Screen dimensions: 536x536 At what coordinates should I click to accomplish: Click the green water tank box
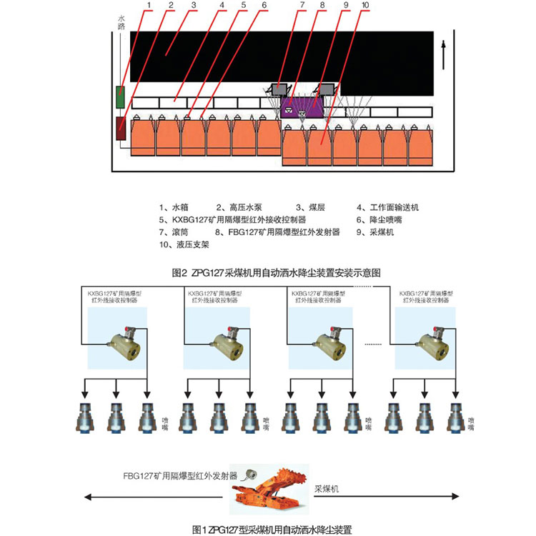(x=121, y=96)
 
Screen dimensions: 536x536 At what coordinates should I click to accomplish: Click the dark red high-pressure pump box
(x=121, y=129)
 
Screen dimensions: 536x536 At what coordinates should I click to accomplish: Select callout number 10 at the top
(x=365, y=5)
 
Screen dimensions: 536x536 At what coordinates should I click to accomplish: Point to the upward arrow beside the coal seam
(x=445, y=52)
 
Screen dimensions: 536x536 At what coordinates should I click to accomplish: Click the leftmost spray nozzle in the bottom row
(x=86, y=418)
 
